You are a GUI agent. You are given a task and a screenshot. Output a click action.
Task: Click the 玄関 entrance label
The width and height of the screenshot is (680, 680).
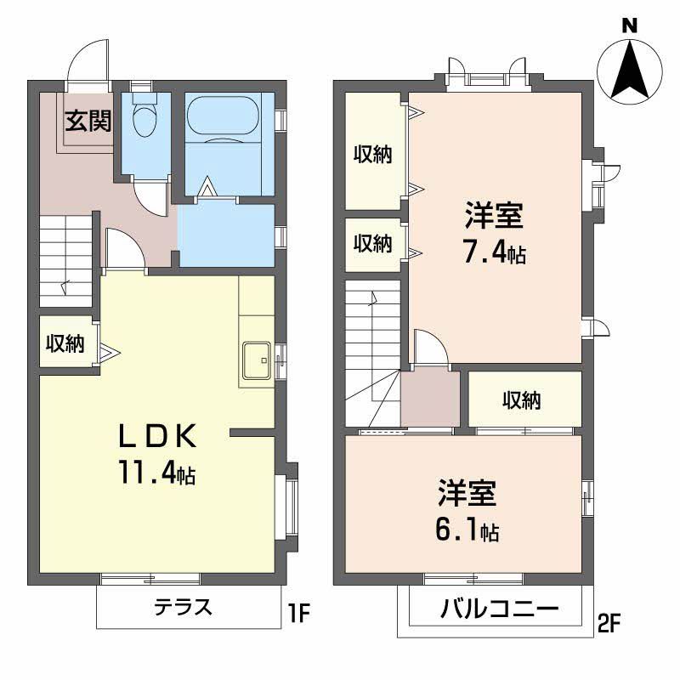[88, 122]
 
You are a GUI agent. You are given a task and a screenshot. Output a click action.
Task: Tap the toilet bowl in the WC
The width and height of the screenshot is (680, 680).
[145, 118]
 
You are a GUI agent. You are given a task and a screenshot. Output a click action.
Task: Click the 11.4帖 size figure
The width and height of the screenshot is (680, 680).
[156, 473]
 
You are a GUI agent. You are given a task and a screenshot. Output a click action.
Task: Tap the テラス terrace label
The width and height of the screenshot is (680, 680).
[183, 608]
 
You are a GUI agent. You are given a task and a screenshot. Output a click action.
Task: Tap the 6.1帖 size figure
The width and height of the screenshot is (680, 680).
[467, 530]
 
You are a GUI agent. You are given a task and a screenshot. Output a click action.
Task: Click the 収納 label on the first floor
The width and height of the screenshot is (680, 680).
[65, 343]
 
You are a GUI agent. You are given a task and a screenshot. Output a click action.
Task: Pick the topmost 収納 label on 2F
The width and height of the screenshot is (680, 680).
[373, 155]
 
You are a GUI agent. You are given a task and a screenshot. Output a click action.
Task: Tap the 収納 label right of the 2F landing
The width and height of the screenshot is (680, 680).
[521, 399]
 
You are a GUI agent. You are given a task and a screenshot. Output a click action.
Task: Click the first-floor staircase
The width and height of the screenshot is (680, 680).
[65, 260]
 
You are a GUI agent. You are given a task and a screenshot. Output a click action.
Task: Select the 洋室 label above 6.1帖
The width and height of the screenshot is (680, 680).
[467, 493]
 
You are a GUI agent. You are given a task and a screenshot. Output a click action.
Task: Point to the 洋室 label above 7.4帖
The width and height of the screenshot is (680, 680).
[493, 216]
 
